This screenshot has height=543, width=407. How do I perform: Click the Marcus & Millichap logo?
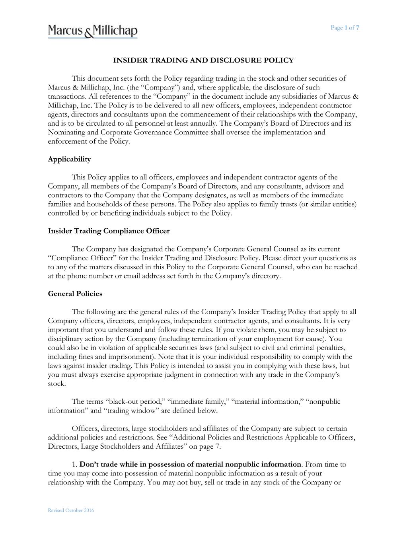tap(93, 31)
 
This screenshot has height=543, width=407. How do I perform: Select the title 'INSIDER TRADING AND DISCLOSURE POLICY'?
tap(203, 60)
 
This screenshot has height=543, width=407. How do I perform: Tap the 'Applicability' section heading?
tap(69, 159)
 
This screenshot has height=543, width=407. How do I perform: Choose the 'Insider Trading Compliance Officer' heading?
tap(109, 231)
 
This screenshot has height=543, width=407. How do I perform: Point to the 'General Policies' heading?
tap(75, 294)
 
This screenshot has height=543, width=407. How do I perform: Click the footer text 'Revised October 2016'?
tap(71, 510)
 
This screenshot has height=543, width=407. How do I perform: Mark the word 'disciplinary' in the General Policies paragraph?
tap(66, 339)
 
